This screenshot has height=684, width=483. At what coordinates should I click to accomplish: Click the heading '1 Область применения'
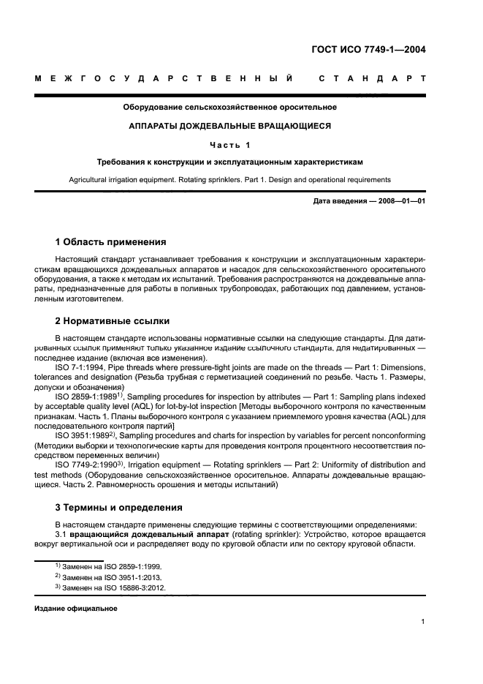(x=110, y=242)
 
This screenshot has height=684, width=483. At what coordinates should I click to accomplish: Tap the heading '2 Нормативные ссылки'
(x=110, y=321)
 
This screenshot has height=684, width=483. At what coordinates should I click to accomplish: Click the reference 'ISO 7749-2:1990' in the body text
(x=86, y=465)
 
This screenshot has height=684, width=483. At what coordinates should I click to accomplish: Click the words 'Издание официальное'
(x=76, y=609)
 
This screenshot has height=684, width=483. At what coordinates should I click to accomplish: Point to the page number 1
(x=423, y=623)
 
